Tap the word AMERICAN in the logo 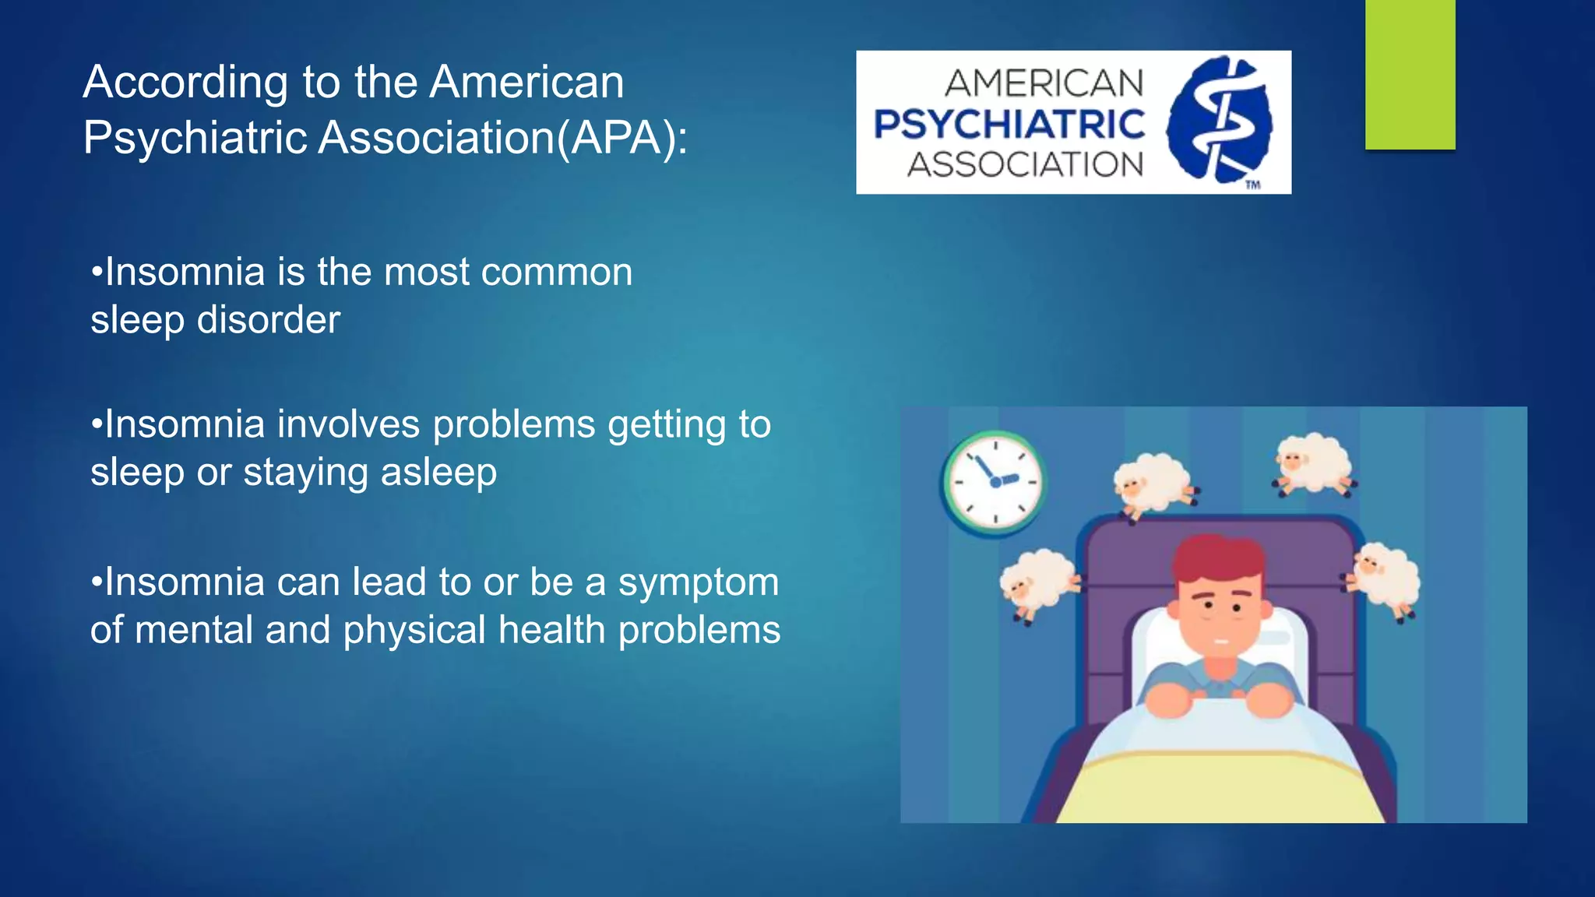click(1044, 83)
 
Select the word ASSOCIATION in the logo click(1025, 164)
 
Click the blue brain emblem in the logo click(1220, 118)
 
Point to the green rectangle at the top click(1410, 74)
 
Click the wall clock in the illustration click(995, 482)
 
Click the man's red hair click(1218, 558)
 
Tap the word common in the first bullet click(557, 273)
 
